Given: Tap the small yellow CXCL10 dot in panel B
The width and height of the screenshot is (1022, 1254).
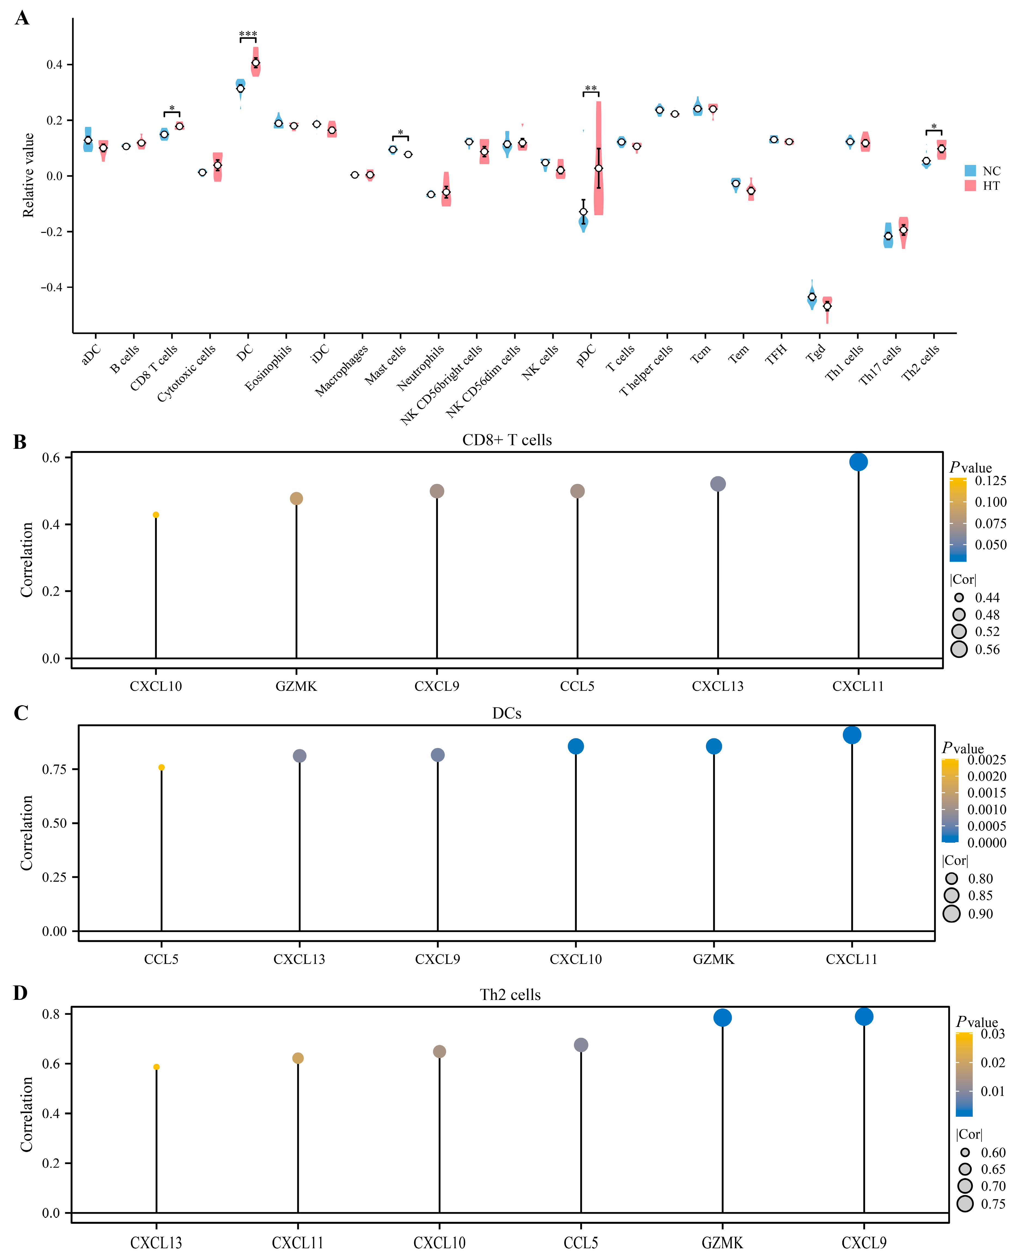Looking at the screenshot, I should pyautogui.click(x=156, y=515).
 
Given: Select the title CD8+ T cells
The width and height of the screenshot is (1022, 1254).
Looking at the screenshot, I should pyautogui.click(x=507, y=440).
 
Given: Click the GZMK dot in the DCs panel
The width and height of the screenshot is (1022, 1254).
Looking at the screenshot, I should pyautogui.click(x=713, y=747).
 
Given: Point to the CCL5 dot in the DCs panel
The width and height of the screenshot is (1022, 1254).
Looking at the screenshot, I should pyautogui.click(x=161, y=768).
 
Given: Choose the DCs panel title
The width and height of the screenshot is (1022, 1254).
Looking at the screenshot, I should pyautogui.click(x=507, y=714).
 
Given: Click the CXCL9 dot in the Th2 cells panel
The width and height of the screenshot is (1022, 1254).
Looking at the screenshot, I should pyautogui.click(x=864, y=1017).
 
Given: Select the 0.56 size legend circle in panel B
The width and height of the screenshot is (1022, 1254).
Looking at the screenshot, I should pyautogui.click(x=959, y=649).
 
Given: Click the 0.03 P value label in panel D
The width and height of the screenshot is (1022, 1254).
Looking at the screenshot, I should pyautogui.click(x=993, y=1034).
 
